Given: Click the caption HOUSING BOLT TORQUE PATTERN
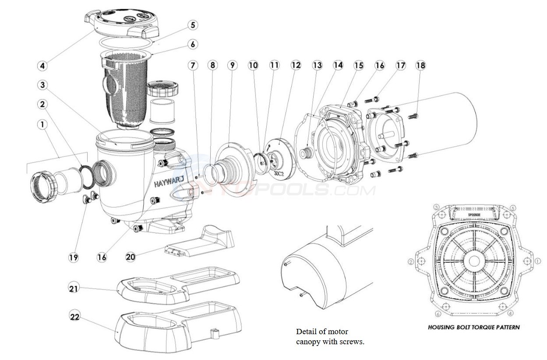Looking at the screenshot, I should click(x=473, y=327).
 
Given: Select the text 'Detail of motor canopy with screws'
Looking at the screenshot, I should click(x=330, y=336).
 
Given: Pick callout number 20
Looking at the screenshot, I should click(x=131, y=257).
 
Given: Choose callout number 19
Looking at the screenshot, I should click(x=74, y=257).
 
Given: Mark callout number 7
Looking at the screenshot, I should click(x=193, y=65).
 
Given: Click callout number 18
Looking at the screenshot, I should click(x=420, y=65).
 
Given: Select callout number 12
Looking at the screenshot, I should click(x=296, y=65).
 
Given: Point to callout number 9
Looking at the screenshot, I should click(x=232, y=65).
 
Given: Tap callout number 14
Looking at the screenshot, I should click(x=338, y=65).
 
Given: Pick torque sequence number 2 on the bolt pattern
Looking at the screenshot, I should click(x=411, y=261).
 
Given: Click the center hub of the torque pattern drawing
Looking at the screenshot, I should click(x=474, y=261).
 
